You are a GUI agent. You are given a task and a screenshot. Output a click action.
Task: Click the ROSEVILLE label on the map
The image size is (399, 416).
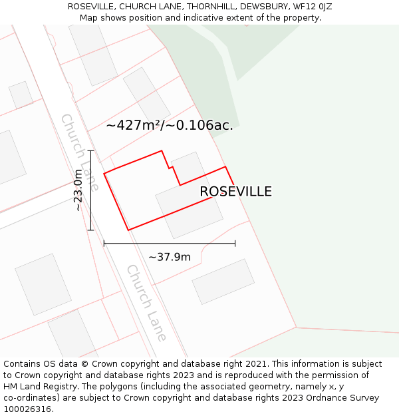point(235,192)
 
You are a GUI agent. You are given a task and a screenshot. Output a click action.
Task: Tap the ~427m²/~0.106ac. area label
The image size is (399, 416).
point(170,125)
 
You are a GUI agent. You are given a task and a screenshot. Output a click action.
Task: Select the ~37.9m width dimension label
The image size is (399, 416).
point(170,257)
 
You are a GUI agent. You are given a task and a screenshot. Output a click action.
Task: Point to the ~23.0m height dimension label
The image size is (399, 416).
point(78,190)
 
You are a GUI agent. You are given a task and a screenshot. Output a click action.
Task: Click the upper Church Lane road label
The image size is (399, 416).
point(80,152)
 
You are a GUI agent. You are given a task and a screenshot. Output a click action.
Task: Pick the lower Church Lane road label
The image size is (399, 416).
point(146,303)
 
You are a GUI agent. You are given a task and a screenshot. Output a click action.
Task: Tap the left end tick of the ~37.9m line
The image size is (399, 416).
point(104,244)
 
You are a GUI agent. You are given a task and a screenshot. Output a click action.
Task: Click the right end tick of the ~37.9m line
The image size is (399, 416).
point(235,244)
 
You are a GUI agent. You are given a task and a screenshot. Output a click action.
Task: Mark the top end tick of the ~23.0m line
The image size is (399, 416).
point(90,151)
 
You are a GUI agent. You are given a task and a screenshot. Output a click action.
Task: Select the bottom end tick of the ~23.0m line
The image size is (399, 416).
point(90,230)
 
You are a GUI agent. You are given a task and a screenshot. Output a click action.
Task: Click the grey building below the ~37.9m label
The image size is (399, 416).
point(223,282)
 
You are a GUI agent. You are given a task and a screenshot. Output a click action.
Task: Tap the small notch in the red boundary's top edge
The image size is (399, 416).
point(172,167)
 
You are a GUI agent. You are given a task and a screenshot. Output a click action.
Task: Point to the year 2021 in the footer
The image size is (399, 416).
point(256,364)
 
